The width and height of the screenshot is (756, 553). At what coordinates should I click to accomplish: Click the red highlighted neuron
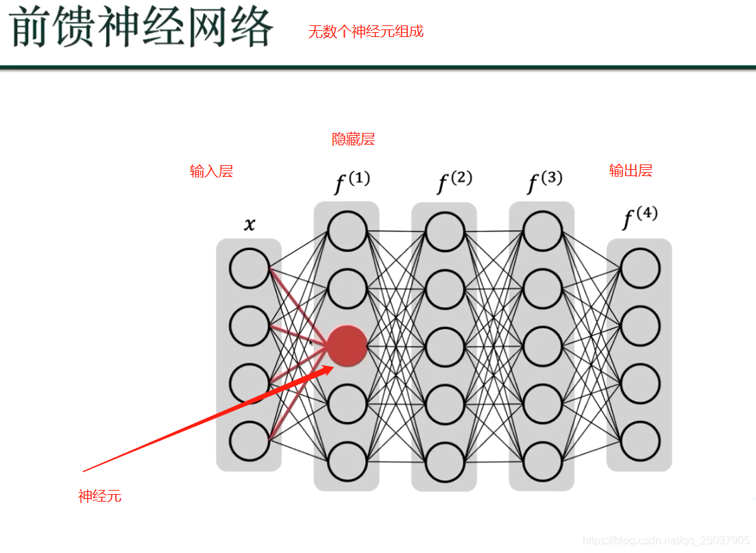[x=347, y=345]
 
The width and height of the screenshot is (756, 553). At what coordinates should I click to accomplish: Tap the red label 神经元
[x=99, y=496]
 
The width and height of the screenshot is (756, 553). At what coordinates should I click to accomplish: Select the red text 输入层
[x=211, y=171]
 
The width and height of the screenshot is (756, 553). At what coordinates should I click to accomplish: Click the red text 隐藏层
[x=354, y=140]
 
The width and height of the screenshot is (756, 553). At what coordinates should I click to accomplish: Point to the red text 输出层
[x=631, y=171]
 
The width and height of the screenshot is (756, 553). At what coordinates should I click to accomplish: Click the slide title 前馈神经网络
[x=142, y=29]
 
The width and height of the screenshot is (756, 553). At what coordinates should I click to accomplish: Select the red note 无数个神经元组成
[x=366, y=32]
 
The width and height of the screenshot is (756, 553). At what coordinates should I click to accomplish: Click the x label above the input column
[x=249, y=224]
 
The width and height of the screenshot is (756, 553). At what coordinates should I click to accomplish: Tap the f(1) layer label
[x=352, y=182]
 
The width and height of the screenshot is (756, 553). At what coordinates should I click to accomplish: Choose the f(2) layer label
[x=454, y=182]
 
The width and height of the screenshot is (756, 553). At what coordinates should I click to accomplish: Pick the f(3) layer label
[x=544, y=182]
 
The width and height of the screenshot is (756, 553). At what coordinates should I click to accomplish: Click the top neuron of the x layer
[x=249, y=269]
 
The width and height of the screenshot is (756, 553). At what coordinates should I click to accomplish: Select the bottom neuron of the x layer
[x=249, y=441]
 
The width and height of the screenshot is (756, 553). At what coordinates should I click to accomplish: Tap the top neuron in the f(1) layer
[x=347, y=232]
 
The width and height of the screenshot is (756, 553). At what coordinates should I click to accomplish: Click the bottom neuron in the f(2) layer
[x=444, y=461]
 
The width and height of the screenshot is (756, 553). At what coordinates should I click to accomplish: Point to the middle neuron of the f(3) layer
[x=542, y=346]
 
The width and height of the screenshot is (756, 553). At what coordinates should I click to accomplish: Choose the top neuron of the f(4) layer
[x=640, y=268]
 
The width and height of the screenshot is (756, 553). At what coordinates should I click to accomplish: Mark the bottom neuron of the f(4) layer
[x=640, y=441]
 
